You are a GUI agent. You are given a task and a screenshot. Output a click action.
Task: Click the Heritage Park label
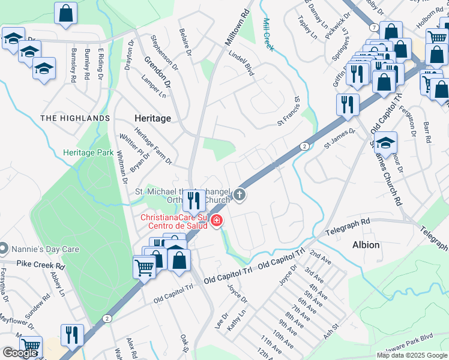tap(88, 153)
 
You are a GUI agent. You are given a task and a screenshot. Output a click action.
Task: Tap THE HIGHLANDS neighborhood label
tap(75, 118)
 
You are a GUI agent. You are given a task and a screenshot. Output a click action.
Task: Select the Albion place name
tap(366, 245)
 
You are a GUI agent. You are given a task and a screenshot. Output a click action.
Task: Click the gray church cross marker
tap(240, 194)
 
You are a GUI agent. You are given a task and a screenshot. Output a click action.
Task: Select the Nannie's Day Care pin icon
tap(4, 248)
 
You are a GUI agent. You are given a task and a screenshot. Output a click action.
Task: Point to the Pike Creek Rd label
tap(41, 264)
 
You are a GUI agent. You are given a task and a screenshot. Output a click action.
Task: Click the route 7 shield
tap(373, 28)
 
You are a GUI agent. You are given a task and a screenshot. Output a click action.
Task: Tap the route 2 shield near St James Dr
tap(304, 146)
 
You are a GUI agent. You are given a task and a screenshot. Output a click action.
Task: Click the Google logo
tap(19, 353)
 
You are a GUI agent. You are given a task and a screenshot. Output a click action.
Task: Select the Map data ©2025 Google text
tap(412, 355)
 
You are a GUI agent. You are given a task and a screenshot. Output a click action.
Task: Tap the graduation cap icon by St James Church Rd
tap(386, 142)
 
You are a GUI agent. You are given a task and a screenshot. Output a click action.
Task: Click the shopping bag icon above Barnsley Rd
tap(65, 12)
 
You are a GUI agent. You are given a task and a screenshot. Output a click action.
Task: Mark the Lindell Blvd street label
tap(241, 62)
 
